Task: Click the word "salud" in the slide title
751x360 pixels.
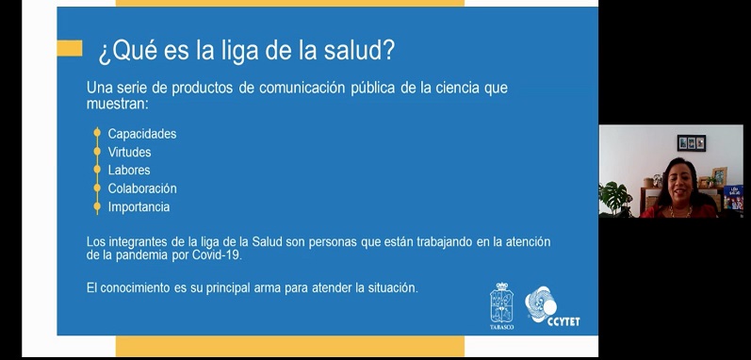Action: point(350,49)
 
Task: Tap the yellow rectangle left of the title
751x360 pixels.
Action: point(69,48)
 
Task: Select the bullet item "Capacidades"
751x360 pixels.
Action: point(141,134)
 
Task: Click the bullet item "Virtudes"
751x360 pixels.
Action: point(129,152)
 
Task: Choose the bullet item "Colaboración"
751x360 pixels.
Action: point(142,188)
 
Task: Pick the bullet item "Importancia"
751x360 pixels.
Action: point(139,206)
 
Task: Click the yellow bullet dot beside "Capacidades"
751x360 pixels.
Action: point(96,134)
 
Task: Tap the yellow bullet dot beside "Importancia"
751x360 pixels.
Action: point(96,206)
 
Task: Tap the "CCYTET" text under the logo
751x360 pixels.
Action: point(563,320)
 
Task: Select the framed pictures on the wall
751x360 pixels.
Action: point(692,143)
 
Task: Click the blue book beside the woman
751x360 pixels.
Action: point(733,199)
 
